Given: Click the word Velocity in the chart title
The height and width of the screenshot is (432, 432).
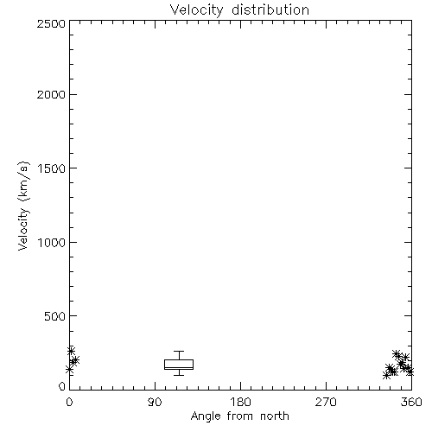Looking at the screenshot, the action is [196, 10].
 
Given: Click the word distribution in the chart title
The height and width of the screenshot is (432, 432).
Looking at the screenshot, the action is [270, 10].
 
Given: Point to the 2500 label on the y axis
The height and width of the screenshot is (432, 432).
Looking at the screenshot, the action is [51, 23].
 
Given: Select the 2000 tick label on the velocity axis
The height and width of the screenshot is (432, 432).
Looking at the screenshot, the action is [51, 94].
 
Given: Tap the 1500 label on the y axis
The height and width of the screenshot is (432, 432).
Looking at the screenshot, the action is [52, 168].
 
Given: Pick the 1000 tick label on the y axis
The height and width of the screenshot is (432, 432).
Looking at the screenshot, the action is [52, 242].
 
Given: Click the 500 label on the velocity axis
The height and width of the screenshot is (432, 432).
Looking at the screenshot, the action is [54, 316].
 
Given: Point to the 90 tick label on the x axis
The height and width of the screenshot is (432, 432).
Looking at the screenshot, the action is [155, 402].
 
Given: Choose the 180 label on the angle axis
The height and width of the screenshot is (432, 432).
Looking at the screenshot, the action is [240, 402].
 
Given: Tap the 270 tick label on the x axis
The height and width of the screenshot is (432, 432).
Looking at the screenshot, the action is [326, 402].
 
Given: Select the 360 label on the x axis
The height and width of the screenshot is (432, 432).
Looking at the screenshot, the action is [411, 402].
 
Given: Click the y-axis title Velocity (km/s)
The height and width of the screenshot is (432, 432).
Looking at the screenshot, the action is [23, 206].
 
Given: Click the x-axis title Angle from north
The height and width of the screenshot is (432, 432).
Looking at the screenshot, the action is [239, 416].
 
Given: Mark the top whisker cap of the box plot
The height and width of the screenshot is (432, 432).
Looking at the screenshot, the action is [179, 352].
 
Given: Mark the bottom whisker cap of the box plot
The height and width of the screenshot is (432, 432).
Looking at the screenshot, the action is [179, 375].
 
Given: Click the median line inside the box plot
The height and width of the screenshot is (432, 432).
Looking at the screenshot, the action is [179, 367].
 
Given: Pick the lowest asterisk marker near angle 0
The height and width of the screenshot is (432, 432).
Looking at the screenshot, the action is [69, 370].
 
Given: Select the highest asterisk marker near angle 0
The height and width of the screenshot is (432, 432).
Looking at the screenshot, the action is [71, 351].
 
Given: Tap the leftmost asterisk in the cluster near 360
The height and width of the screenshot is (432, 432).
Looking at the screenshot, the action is [386, 375].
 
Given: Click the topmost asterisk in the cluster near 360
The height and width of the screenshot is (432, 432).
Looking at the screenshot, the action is [397, 353].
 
